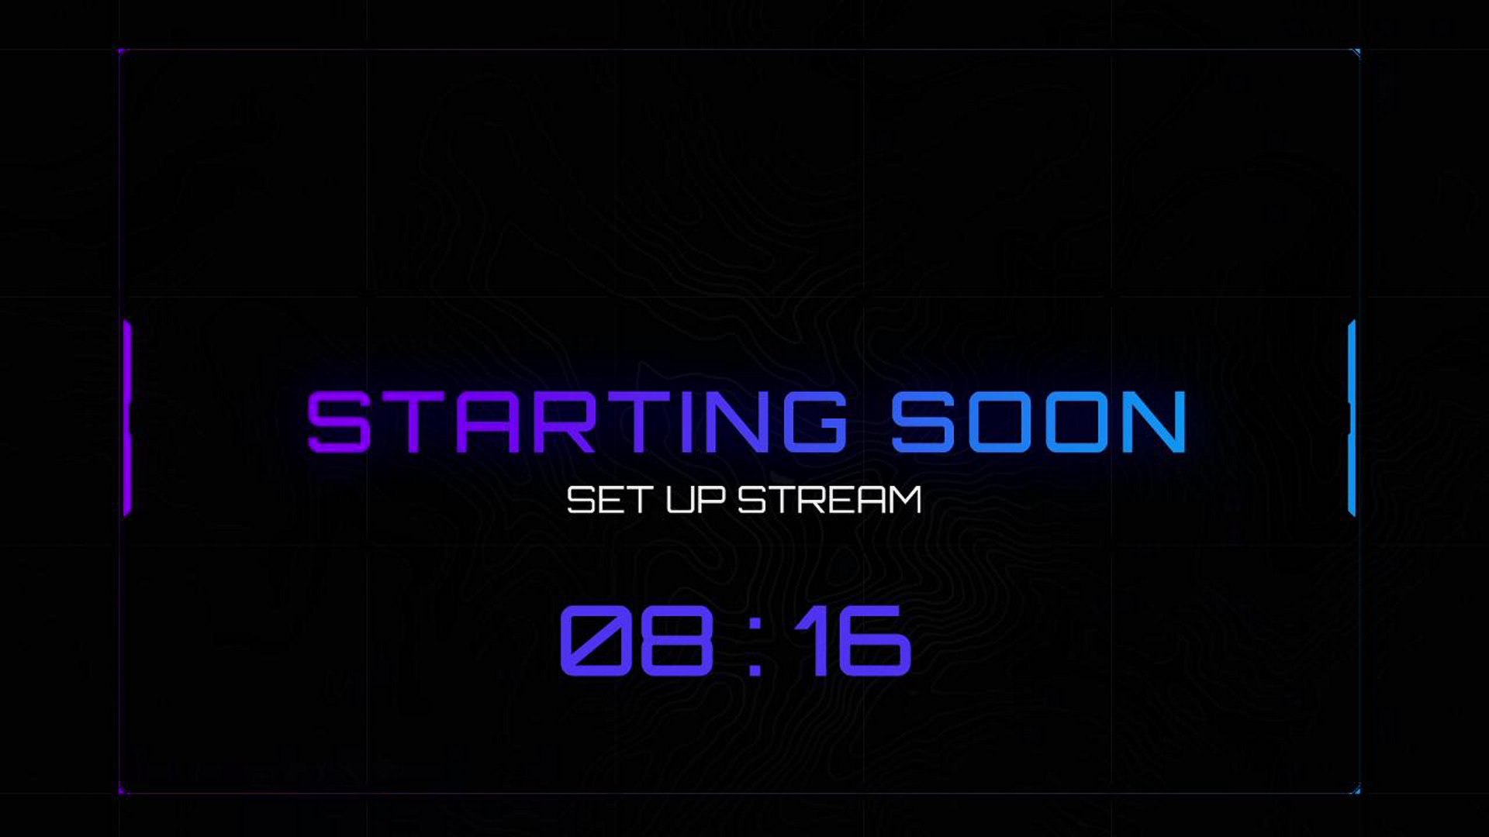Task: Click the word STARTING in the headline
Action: pyautogui.click(x=577, y=422)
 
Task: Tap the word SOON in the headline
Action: pyautogui.click(x=1039, y=422)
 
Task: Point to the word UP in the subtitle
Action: pyautogui.click(x=696, y=500)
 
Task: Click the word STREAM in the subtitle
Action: pyautogui.click(x=830, y=500)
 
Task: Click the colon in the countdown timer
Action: pyautogui.click(x=755, y=642)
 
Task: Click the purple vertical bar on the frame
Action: pyautogui.click(x=127, y=418)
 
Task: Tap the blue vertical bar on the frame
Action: pyautogui.click(x=1352, y=418)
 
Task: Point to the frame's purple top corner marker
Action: pyautogui.click(x=122, y=52)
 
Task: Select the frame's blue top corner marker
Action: pyautogui.click(x=1356, y=53)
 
